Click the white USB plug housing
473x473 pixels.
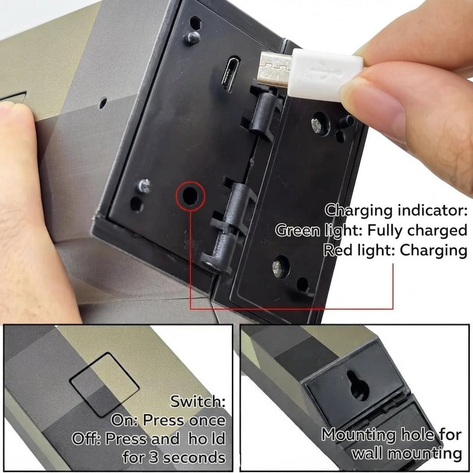point(324,75)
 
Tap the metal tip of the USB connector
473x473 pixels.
point(274,69)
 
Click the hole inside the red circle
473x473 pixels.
point(191,196)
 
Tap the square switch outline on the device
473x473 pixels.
point(104,385)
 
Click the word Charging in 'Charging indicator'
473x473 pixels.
point(359,211)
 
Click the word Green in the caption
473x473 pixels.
point(297,230)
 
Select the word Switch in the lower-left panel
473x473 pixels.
point(198,401)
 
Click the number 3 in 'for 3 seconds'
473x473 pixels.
point(154,457)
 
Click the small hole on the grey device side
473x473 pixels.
point(103,103)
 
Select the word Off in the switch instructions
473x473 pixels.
point(86,438)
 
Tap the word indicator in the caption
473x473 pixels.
point(433,210)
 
